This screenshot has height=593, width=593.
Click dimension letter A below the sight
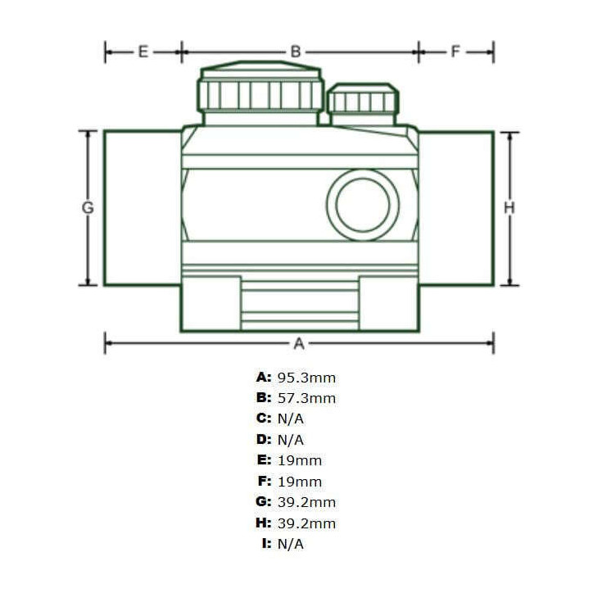point(299,343)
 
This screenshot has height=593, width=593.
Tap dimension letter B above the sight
point(296,52)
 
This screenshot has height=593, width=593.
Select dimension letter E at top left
point(143,52)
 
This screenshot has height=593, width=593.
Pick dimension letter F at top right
point(455,52)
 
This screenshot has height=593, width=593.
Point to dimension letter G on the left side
point(88,207)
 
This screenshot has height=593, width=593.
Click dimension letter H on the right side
point(509,207)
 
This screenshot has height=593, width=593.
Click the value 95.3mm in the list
point(306,378)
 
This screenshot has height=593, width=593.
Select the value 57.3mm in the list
point(306,398)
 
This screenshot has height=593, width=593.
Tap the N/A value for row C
point(291,419)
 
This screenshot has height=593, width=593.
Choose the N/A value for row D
point(291,440)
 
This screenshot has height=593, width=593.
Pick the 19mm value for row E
point(300,460)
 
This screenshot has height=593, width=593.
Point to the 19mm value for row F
point(300,482)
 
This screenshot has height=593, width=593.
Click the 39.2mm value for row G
point(306,502)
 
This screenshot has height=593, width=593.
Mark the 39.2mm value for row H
point(306,523)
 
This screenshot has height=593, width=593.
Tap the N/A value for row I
point(291,544)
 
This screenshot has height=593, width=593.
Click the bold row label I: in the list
point(267,544)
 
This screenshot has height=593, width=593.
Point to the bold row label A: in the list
point(264,378)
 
